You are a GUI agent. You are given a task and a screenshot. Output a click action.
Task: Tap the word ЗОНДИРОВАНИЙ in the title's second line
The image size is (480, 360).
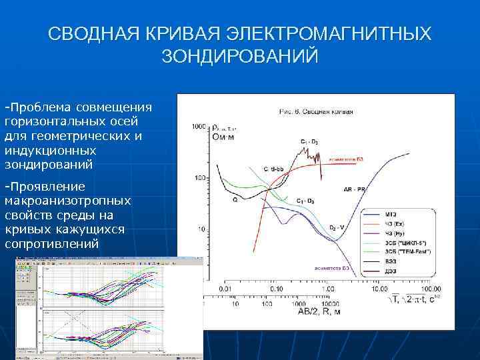tap(240, 56)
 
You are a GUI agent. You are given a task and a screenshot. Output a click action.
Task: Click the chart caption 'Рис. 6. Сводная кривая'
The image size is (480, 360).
tap(315, 111)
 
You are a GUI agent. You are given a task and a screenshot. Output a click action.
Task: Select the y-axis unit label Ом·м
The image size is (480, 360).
tap(224, 137)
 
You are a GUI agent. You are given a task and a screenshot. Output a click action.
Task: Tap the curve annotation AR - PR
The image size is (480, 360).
tap(353, 189)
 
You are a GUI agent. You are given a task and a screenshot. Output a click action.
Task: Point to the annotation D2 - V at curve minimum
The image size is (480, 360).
tap(337, 227)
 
